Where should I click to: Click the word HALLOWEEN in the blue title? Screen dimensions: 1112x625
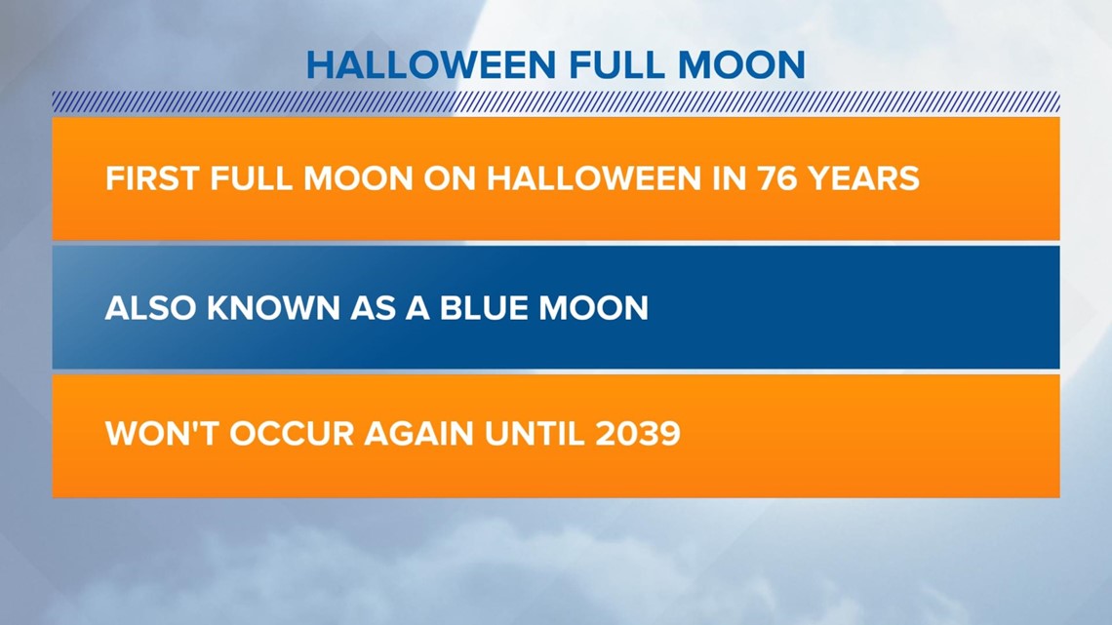tap(431, 65)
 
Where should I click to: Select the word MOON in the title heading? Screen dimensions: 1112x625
tap(741, 65)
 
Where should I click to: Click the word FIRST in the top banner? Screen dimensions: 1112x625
tap(151, 177)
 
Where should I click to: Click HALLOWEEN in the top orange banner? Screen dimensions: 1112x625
tap(594, 177)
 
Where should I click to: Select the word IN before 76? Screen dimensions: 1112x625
tap(729, 177)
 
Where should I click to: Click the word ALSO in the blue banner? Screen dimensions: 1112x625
tap(150, 308)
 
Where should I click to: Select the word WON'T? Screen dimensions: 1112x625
tap(162, 433)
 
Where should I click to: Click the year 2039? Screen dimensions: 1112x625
tap(638, 433)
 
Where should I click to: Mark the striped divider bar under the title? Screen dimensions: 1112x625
tap(556, 102)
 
